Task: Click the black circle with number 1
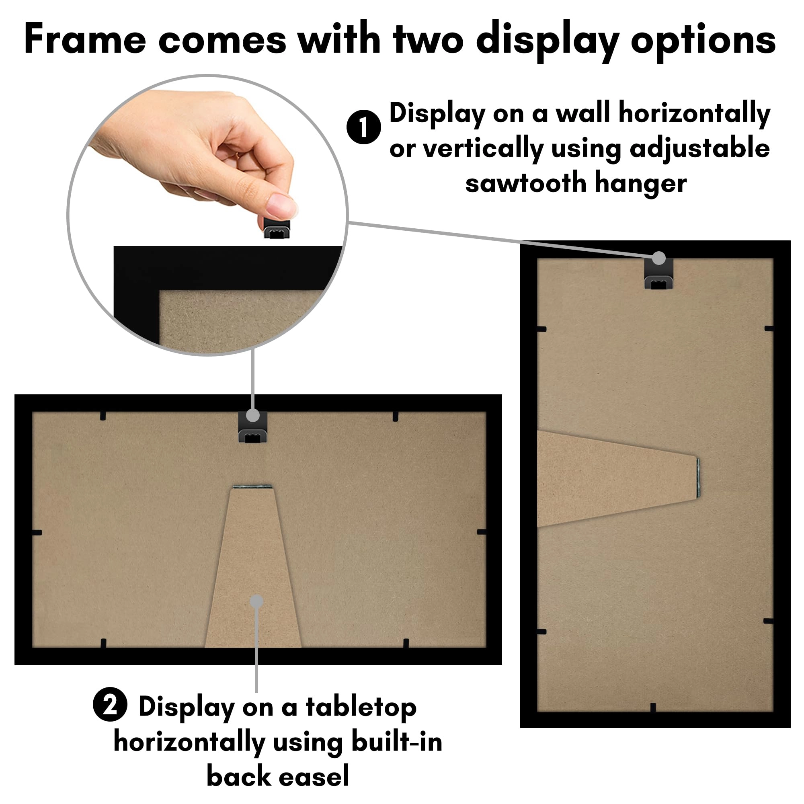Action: (363, 127)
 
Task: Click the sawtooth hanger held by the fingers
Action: (276, 228)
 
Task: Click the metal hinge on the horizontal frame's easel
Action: (252, 486)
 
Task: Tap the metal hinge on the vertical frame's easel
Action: (698, 480)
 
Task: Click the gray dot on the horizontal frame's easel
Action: (256, 601)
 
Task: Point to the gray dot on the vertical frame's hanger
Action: (658, 258)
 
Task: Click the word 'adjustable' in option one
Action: (699, 149)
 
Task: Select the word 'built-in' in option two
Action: (397, 742)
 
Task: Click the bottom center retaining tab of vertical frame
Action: (652, 708)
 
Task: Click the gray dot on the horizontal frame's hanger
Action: (252, 415)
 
